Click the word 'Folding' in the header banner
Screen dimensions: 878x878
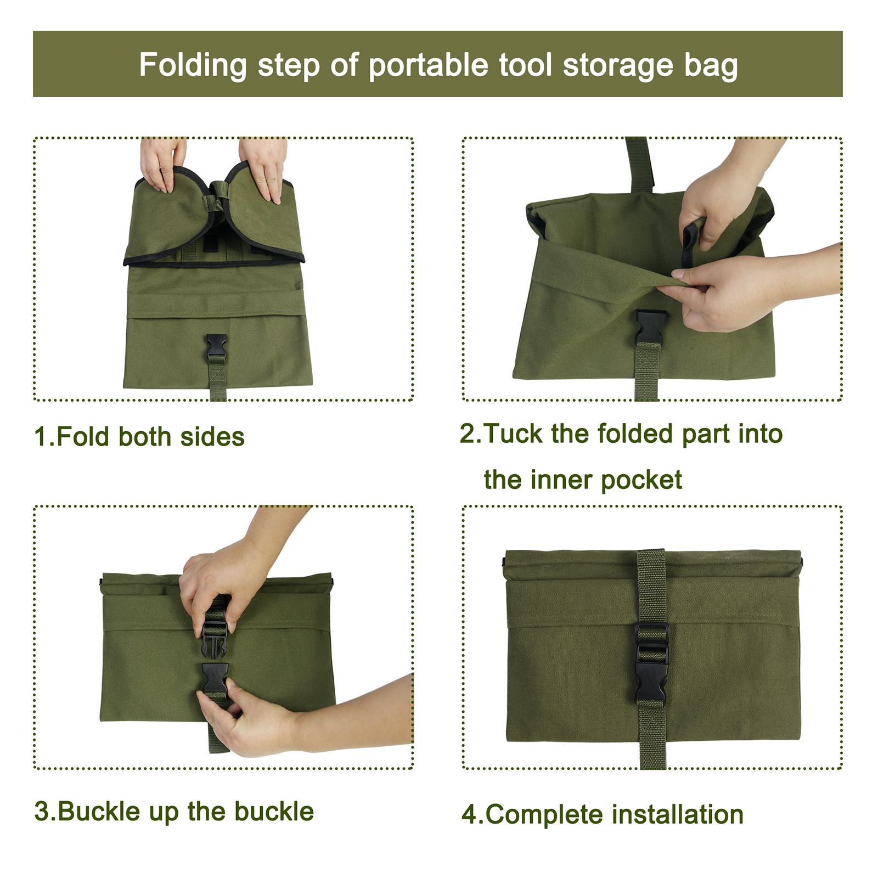click(193, 65)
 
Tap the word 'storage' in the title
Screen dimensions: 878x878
click(618, 65)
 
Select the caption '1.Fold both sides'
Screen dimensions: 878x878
click(139, 437)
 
